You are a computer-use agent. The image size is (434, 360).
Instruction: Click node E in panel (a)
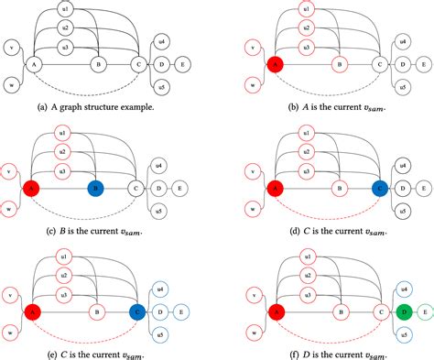[184, 65]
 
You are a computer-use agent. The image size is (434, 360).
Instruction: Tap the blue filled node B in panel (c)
[96, 188]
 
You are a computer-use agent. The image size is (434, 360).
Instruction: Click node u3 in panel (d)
[307, 169]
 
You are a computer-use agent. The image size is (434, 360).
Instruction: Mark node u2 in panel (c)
[63, 150]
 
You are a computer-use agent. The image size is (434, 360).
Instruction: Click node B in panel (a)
[96, 65]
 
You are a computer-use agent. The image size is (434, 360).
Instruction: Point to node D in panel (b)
[399, 65]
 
